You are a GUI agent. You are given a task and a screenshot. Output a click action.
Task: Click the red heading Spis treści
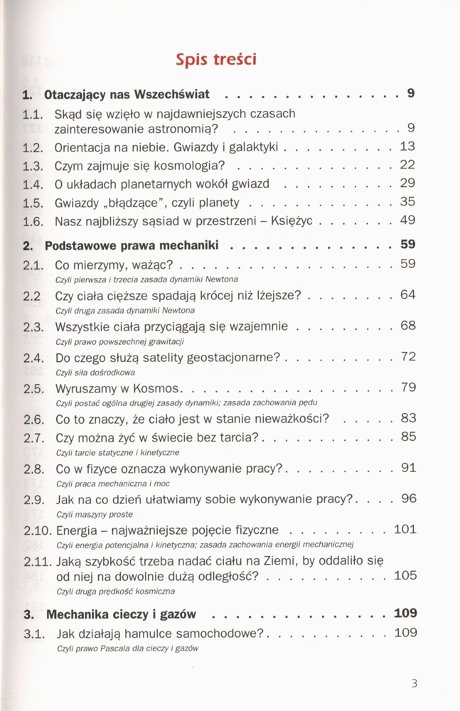(216, 60)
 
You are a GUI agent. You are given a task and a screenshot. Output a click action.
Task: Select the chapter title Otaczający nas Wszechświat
(134, 95)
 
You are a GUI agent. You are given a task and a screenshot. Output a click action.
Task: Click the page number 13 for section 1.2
(407, 147)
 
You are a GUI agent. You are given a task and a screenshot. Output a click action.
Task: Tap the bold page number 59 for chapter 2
(407, 245)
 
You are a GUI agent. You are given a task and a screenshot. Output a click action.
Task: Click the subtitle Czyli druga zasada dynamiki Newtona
(124, 311)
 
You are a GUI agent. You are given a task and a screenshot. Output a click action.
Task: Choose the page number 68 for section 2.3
(407, 326)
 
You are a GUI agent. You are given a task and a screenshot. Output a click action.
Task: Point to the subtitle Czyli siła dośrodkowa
(95, 372)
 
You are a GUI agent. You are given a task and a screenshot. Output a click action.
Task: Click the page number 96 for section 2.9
(407, 498)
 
